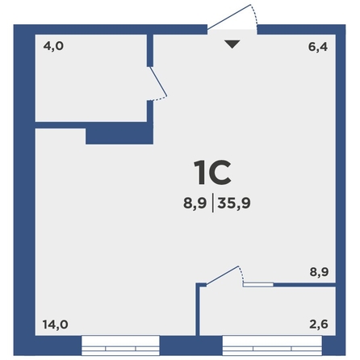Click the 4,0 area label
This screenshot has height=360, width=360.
(x=53, y=46)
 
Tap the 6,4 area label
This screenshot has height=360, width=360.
(x=318, y=47)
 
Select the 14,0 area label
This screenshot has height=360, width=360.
(x=55, y=324)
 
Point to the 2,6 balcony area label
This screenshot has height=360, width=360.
(x=319, y=324)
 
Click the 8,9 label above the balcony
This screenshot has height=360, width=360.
(x=319, y=272)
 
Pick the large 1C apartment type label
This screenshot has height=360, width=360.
(x=212, y=173)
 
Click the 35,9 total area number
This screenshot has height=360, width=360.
(x=234, y=203)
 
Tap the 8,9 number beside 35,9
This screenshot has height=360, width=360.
(x=195, y=203)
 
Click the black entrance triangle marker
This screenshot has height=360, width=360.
(x=232, y=44)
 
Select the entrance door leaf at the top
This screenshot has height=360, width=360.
(x=228, y=17)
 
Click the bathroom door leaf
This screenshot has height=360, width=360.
(x=158, y=82)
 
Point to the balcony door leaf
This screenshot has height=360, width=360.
(x=222, y=275)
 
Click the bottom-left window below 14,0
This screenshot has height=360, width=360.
(x=120, y=345)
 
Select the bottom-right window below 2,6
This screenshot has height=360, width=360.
(x=272, y=345)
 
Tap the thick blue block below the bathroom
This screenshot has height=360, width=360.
(x=119, y=136)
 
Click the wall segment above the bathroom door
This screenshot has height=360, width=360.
(x=150, y=50)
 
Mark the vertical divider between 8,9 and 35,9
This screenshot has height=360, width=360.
(x=213, y=203)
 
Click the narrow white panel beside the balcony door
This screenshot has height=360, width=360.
(x=258, y=285)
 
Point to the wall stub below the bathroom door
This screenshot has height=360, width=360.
(x=150, y=111)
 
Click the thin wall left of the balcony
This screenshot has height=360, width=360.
(x=198, y=309)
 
